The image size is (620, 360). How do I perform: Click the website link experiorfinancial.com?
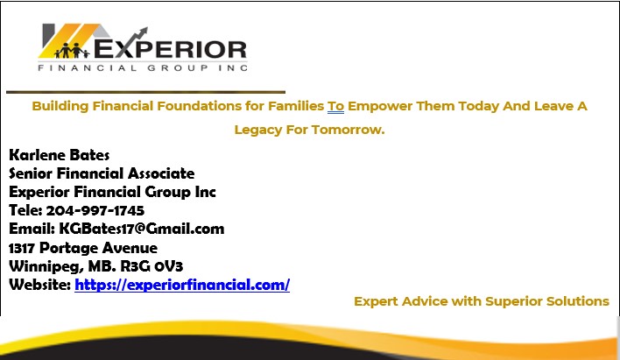[x=182, y=286]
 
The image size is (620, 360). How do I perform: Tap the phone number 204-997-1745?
[x=95, y=210]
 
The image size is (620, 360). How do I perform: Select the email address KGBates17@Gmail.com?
[x=142, y=229]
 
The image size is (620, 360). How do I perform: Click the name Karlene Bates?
[x=59, y=155]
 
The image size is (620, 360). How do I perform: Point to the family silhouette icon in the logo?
[x=72, y=50]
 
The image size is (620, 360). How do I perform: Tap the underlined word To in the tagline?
[x=335, y=106]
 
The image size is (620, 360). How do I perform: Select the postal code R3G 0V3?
[x=151, y=266]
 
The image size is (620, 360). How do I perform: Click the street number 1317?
[x=22, y=248]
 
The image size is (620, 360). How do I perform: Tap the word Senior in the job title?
[x=31, y=173]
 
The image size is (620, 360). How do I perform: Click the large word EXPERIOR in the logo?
[x=170, y=49]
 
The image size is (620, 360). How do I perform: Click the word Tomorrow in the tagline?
[x=348, y=130]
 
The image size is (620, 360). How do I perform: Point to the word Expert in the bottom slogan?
[x=376, y=302]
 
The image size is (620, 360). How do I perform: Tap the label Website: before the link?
[x=40, y=285]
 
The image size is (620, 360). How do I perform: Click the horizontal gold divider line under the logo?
[x=146, y=92]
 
